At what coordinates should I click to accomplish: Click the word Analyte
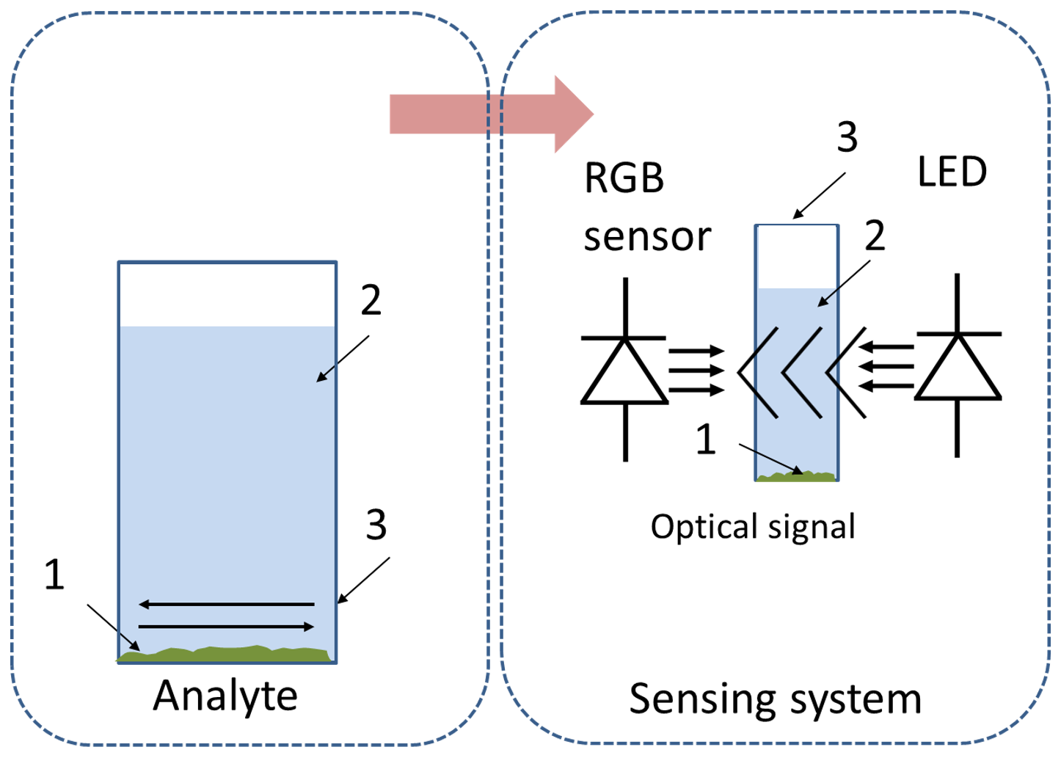[225, 696]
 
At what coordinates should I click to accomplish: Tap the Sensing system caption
[775, 699]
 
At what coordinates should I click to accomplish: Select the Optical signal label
[753, 527]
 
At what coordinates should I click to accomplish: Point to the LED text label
[952, 172]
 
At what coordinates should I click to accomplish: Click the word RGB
[624, 178]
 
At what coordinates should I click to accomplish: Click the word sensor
[647, 237]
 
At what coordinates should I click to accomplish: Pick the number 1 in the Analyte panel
[54, 574]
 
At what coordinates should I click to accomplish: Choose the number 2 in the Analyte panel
[371, 300]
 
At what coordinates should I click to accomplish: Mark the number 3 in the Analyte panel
[376, 525]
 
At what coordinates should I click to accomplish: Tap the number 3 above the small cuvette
[847, 137]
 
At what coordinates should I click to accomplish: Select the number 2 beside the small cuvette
[874, 236]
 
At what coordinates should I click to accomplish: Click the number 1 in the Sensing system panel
[705, 440]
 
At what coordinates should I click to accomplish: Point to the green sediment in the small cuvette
[796, 476]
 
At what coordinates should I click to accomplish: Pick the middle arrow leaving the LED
[887, 365]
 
